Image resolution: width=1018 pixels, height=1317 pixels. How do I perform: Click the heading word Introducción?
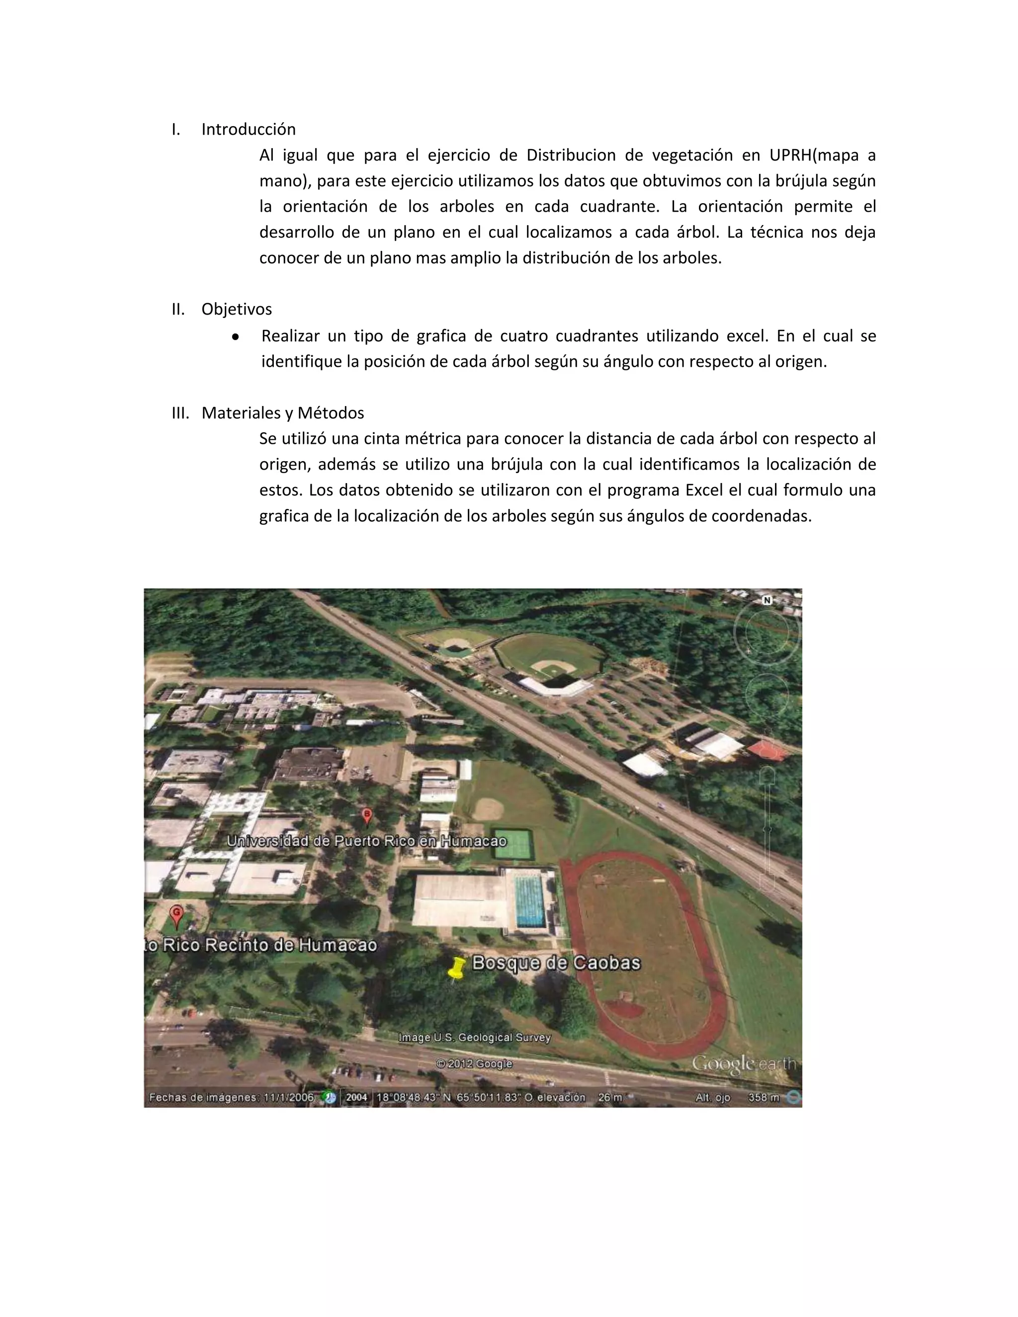(x=249, y=130)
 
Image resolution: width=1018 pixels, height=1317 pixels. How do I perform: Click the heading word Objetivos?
(x=237, y=309)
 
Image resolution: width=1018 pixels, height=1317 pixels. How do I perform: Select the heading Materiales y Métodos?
(x=282, y=413)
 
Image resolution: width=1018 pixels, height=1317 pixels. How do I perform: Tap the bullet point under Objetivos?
(x=236, y=336)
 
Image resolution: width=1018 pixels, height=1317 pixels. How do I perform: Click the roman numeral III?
(x=180, y=413)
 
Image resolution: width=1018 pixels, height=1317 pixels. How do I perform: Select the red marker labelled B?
(x=366, y=817)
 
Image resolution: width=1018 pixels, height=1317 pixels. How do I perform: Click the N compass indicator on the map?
(x=767, y=601)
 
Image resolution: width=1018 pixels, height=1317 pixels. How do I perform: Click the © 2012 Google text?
(x=474, y=1064)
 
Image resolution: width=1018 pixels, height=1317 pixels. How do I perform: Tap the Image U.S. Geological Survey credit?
(x=475, y=1038)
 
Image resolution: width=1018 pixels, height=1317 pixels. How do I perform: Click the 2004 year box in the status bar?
(x=356, y=1097)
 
